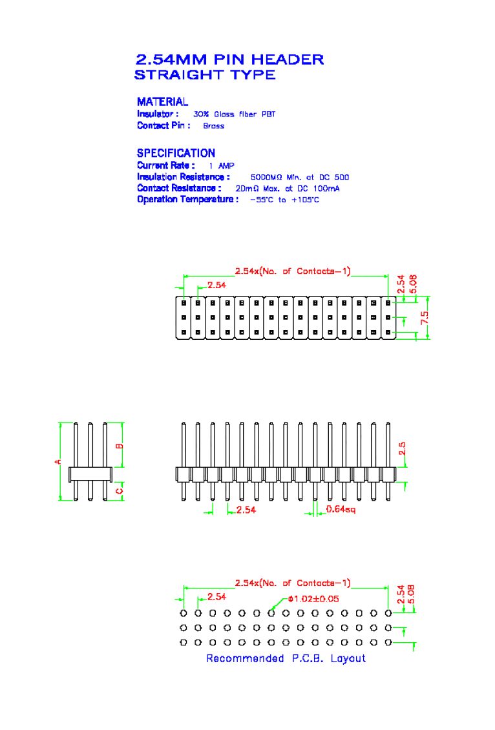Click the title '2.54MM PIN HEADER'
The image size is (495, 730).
click(x=229, y=59)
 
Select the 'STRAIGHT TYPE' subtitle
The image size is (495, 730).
click(x=205, y=75)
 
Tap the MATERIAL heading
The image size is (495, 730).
click(x=162, y=101)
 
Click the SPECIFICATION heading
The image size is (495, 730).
click(x=176, y=153)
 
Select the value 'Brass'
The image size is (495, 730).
click(x=213, y=126)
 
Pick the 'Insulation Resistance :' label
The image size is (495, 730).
click(x=183, y=177)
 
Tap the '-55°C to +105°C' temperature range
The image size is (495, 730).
click(x=284, y=200)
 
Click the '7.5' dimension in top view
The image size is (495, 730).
click(x=425, y=317)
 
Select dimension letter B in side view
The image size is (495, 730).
click(x=119, y=446)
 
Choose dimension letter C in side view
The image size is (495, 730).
click(x=119, y=491)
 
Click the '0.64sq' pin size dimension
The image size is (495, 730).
click(x=340, y=509)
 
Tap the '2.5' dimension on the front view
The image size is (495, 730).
click(x=402, y=448)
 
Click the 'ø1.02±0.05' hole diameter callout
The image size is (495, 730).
click(x=313, y=598)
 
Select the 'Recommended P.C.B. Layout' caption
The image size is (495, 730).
click(x=286, y=658)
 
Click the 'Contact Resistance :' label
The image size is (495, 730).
click(x=179, y=188)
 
